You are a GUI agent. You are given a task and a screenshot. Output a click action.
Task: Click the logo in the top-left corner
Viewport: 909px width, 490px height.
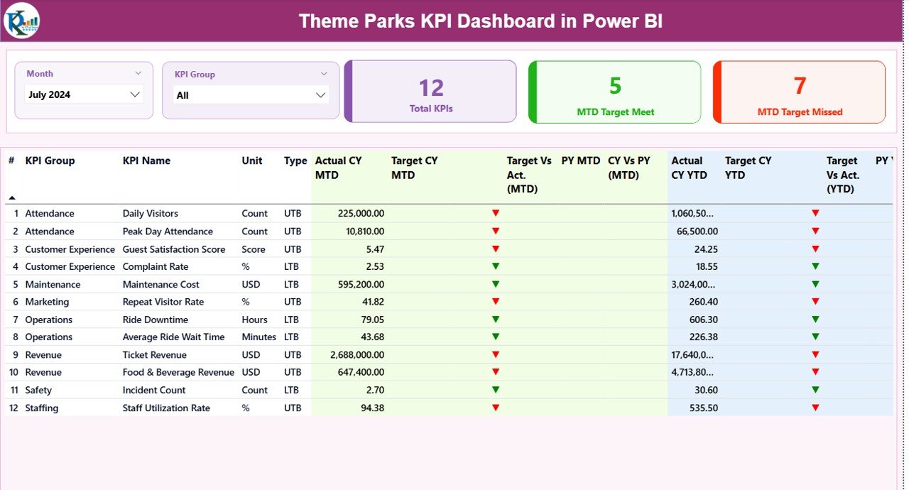pyautogui.click(x=21, y=20)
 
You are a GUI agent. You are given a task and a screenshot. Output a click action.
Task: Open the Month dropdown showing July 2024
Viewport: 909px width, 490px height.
pyautogui.click(x=84, y=94)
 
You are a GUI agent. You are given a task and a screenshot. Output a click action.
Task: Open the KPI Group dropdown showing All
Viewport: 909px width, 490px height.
pyautogui.click(x=251, y=95)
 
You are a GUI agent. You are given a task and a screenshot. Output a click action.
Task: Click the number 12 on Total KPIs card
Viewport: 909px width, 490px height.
pyautogui.click(x=431, y=87)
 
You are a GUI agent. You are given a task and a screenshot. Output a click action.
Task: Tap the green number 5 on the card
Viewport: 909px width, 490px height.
pyautogui.click(x=615, y=86)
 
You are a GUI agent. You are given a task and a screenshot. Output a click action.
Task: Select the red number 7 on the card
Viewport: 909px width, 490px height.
pyautogui.click(x=800, y=86)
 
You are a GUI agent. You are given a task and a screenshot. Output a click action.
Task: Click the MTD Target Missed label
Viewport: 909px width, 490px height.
pyautogui.click(x=800, y=112)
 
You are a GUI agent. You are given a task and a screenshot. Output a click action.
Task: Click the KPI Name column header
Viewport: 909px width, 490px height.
pyautogui.click(x=146, y=161)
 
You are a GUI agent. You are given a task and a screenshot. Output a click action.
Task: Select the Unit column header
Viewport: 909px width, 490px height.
pyautogui.click(x=252, y=161)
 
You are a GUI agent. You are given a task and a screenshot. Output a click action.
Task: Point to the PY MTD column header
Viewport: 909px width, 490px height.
pyautogui.click(x=581, y=161)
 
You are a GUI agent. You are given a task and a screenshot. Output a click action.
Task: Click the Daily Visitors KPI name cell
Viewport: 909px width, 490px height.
pyautogui.click(x=151, y=214)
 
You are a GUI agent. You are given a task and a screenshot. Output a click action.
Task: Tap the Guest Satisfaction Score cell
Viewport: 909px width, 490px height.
pyautogui.click(x=174, y=249)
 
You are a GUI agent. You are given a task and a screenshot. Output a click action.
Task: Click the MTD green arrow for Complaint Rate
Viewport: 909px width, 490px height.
pyautogui.click(x=496, y=266)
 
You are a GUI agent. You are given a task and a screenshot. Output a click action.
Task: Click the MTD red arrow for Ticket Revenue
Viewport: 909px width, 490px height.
pyautogui.click(x=496, y=354)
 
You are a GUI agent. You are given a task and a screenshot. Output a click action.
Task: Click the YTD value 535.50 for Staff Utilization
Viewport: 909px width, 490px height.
pyautogui.click(x=703, y=408)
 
